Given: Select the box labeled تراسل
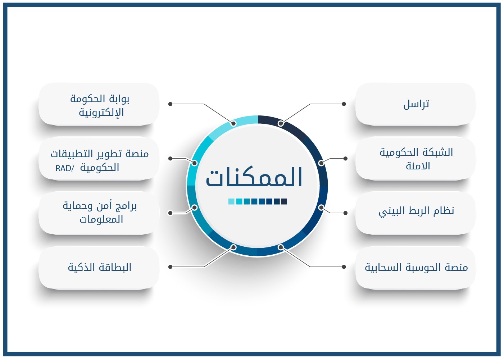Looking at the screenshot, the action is pyautogui.click(x=416, y=104).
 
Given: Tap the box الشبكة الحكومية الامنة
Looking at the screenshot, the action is pyautogui.click(x=416, y=158).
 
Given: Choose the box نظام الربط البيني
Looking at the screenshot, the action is pyautogui.click(x=416, y=213).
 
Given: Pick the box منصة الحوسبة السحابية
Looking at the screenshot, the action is pyautogui.click(x=416, y=267).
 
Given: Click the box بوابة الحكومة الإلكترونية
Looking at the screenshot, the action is pyautogui.click(x=99, y=104).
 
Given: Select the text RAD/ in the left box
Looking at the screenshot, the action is pyautogui.click(x=65, y=168).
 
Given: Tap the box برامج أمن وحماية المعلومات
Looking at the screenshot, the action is pyautogui.click(x=99, y=213).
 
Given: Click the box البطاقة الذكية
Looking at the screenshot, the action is pyautogui.click(x=99, y=267).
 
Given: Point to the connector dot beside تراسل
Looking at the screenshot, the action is pyautogui.click(x=344, y=104).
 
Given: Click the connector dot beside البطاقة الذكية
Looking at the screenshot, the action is pyautogui.click(x=170, y=267).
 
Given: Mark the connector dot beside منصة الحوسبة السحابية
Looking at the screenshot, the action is pyautogui.click(x=344, y=267).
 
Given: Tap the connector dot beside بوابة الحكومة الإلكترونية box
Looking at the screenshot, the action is pyautogui.click(x=170, y=104).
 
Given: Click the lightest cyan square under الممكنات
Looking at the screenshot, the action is pyautogui.click(x=231, y=201).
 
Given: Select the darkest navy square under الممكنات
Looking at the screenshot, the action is pyautogui.click(x=284, y=201).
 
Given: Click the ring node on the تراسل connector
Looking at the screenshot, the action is pyautogui.click(x=281, y=123).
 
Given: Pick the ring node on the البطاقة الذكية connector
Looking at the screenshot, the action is pyautogui.click(x=233, y=247).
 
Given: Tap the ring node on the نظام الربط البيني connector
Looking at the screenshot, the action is pyautogui.click(x=321, y=208).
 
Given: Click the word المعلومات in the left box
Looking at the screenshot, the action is pyautogui.click(x=101, y=219).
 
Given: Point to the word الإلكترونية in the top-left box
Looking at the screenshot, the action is pyautogui.click(x=101, y=113).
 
